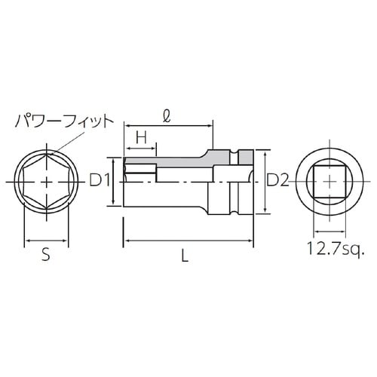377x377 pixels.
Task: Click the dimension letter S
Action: tap(45, 255)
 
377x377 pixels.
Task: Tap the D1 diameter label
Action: tap(100, 181)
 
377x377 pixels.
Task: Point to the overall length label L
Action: tap(185, 255)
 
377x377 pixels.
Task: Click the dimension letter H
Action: tap(140, 136)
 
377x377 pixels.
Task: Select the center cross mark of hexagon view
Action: tap(47, 182)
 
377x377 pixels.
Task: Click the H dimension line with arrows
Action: tap(140, 148)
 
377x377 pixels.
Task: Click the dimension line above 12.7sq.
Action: tap(329, 233)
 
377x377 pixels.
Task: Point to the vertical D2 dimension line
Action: tap(263, 182)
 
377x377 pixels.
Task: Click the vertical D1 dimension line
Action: tap(114, 181)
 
